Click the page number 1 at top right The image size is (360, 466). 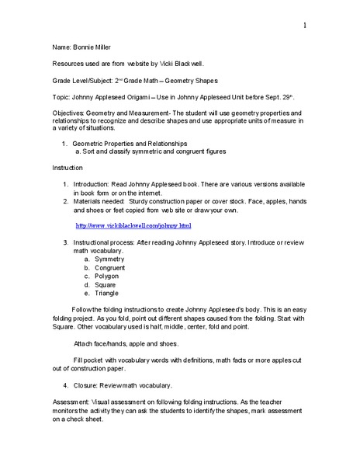coord(305,26)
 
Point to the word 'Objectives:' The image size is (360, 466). coord(69,114)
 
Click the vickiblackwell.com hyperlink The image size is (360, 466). coord(133,225)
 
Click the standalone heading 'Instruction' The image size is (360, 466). coord(68,169)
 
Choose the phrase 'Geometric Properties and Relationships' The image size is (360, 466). coord(130,144)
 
